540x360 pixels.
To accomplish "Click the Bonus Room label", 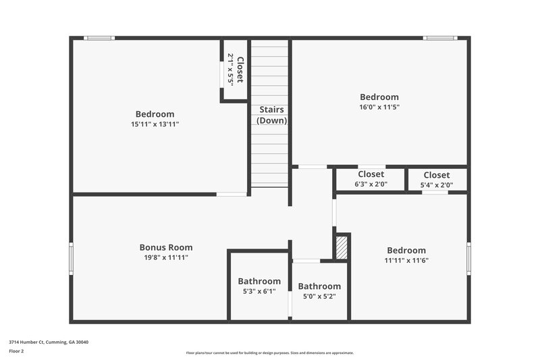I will (166, 247).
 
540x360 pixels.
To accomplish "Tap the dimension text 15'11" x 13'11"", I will (155, 124).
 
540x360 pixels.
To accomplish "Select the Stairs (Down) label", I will (271, 115).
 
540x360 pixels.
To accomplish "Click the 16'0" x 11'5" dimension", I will (379, 107).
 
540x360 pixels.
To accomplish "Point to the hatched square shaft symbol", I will (342, 247).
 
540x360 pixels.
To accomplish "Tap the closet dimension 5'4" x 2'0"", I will (436, 184).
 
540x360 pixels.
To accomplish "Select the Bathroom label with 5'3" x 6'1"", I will (259, 281).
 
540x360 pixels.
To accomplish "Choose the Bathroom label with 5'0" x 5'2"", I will (319, 286).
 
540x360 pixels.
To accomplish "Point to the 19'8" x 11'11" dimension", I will (166, 257).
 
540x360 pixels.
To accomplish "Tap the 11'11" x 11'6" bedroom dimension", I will (406, 260).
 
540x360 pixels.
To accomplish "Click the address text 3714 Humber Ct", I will (48, 342).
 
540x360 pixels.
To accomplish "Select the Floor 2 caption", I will (16, 351).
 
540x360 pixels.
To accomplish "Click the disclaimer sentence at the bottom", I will (270, 353).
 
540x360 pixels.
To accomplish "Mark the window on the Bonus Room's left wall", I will (71, 258).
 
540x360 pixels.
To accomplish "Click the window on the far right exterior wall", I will (468, 258).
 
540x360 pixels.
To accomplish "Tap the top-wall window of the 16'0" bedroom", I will (440, 38).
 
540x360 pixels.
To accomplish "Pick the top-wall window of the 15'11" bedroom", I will (99, 38).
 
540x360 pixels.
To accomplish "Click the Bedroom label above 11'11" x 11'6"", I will (406, 250).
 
